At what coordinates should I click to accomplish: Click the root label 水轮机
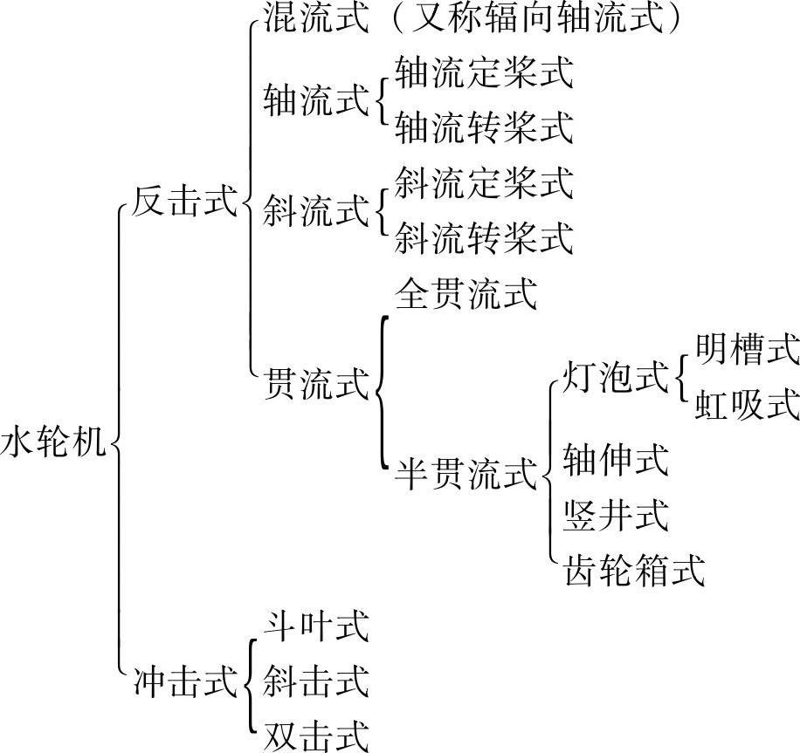point(53,443)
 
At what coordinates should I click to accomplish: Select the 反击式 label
point(183,205)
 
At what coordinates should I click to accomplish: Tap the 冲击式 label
point(183,681)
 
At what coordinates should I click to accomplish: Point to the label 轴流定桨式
point(484,73)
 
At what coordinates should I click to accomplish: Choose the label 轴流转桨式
point(484,127)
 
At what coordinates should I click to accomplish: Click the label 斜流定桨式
point(484,182)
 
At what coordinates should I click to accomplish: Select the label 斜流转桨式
point(484,237)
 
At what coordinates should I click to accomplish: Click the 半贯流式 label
point(466,475)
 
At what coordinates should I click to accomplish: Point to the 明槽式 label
point(747,351)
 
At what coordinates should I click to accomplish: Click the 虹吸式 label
point(747,405)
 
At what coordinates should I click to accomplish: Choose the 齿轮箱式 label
point(634,570)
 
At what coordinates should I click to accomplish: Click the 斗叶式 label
point(315,626)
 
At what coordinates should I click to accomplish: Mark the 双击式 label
point(315,735)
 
